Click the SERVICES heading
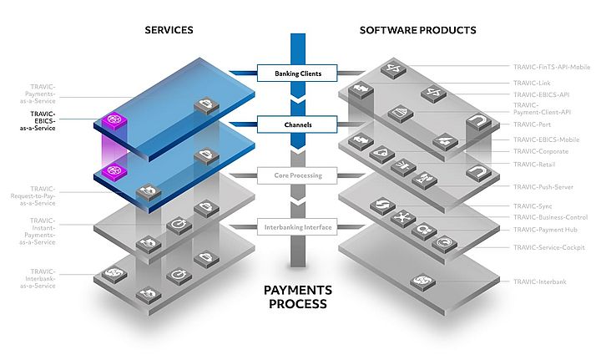click(169, 30)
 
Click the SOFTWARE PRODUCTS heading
click(417, 30)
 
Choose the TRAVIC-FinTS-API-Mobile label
click(551, 66)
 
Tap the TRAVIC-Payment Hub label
click(548, 229)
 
